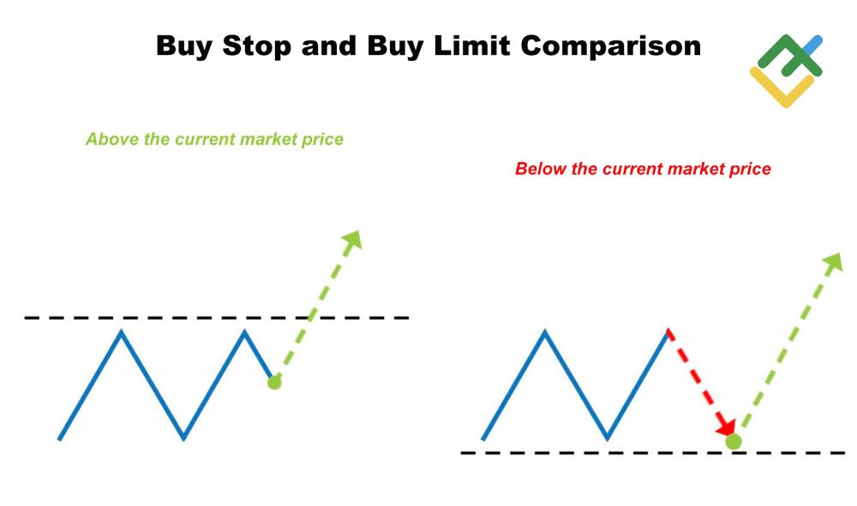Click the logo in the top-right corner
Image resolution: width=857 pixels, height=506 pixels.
786,70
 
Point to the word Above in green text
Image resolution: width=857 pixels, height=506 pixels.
106,139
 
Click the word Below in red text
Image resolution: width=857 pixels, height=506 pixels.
537,169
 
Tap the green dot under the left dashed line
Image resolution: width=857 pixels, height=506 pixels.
274,383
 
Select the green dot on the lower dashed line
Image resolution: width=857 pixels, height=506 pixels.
733,442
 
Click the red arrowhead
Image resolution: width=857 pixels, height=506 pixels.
728,426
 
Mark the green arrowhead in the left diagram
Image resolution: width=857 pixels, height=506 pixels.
351,240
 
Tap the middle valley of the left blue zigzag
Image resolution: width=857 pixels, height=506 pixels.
183,438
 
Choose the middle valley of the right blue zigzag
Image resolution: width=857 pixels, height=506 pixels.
607,438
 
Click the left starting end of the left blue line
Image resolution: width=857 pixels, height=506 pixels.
59,439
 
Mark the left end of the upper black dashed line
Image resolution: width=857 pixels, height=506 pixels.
27,318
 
